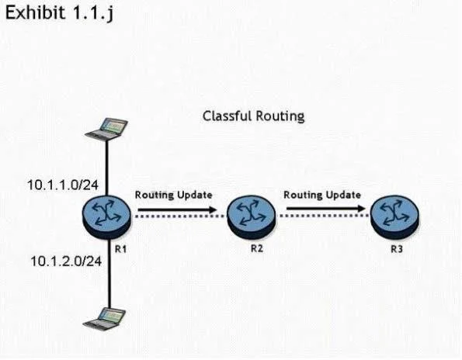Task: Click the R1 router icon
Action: [106, 216]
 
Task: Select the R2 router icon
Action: [252, 216]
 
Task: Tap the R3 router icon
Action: [394, 216]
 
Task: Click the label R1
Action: [121, 249]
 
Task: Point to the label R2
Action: [257, 248]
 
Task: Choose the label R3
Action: [397, 249]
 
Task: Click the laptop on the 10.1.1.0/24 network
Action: [106, 129]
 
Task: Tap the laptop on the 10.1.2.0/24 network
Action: [104, 319]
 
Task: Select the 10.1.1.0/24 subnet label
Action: [63, 185]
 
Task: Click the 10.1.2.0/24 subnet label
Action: [66, 261]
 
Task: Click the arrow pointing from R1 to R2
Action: [177, 209]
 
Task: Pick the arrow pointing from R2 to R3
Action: [326, 209]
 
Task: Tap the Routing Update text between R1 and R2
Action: [174, 195]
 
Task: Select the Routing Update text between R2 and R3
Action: [322, 195]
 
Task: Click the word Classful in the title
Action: [227, 116]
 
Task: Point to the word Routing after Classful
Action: [280, 116]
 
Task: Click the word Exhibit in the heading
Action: [35, 12]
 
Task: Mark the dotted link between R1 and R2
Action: [179, 216]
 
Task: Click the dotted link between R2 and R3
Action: [323, 216]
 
